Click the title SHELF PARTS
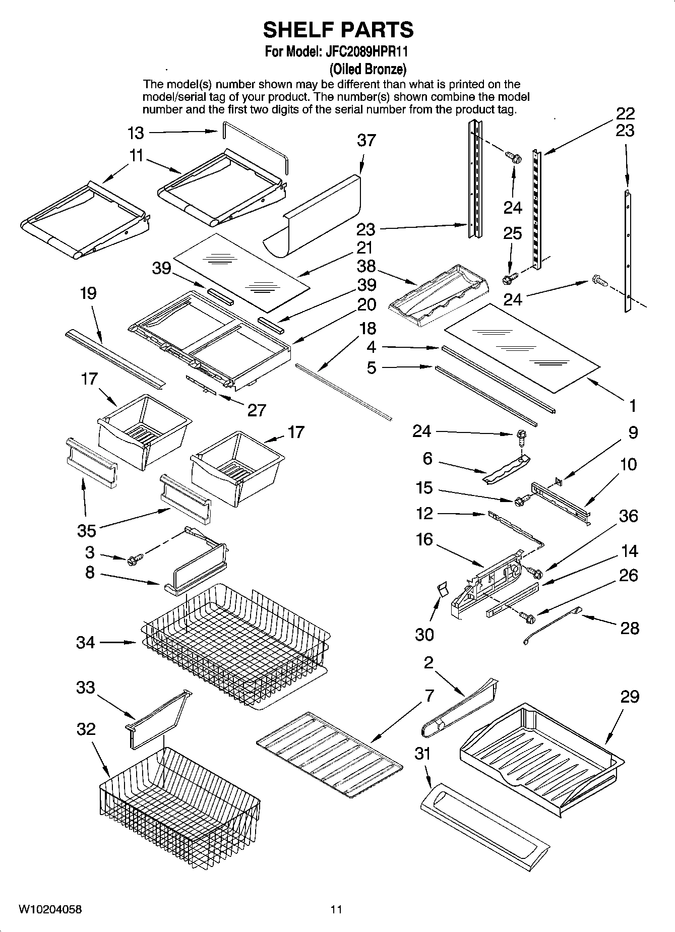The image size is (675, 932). (338, 30)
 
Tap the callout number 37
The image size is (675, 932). (366, 140)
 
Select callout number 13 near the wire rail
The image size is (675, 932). (136, 133)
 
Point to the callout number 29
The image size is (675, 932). (630, 697)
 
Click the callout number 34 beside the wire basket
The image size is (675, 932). (85, 642)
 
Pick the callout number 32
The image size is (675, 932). (86, 729)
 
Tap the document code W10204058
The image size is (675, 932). (50, 909)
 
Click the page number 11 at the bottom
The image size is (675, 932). (336, 909)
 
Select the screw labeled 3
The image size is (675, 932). (135, 558)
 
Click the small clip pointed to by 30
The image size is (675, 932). (442, 589)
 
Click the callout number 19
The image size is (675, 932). (88, 293)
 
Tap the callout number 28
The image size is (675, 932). (629, 628)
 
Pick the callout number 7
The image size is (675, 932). (429, 696)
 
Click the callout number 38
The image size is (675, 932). (366, 266)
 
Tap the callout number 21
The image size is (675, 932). (364, 247)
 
